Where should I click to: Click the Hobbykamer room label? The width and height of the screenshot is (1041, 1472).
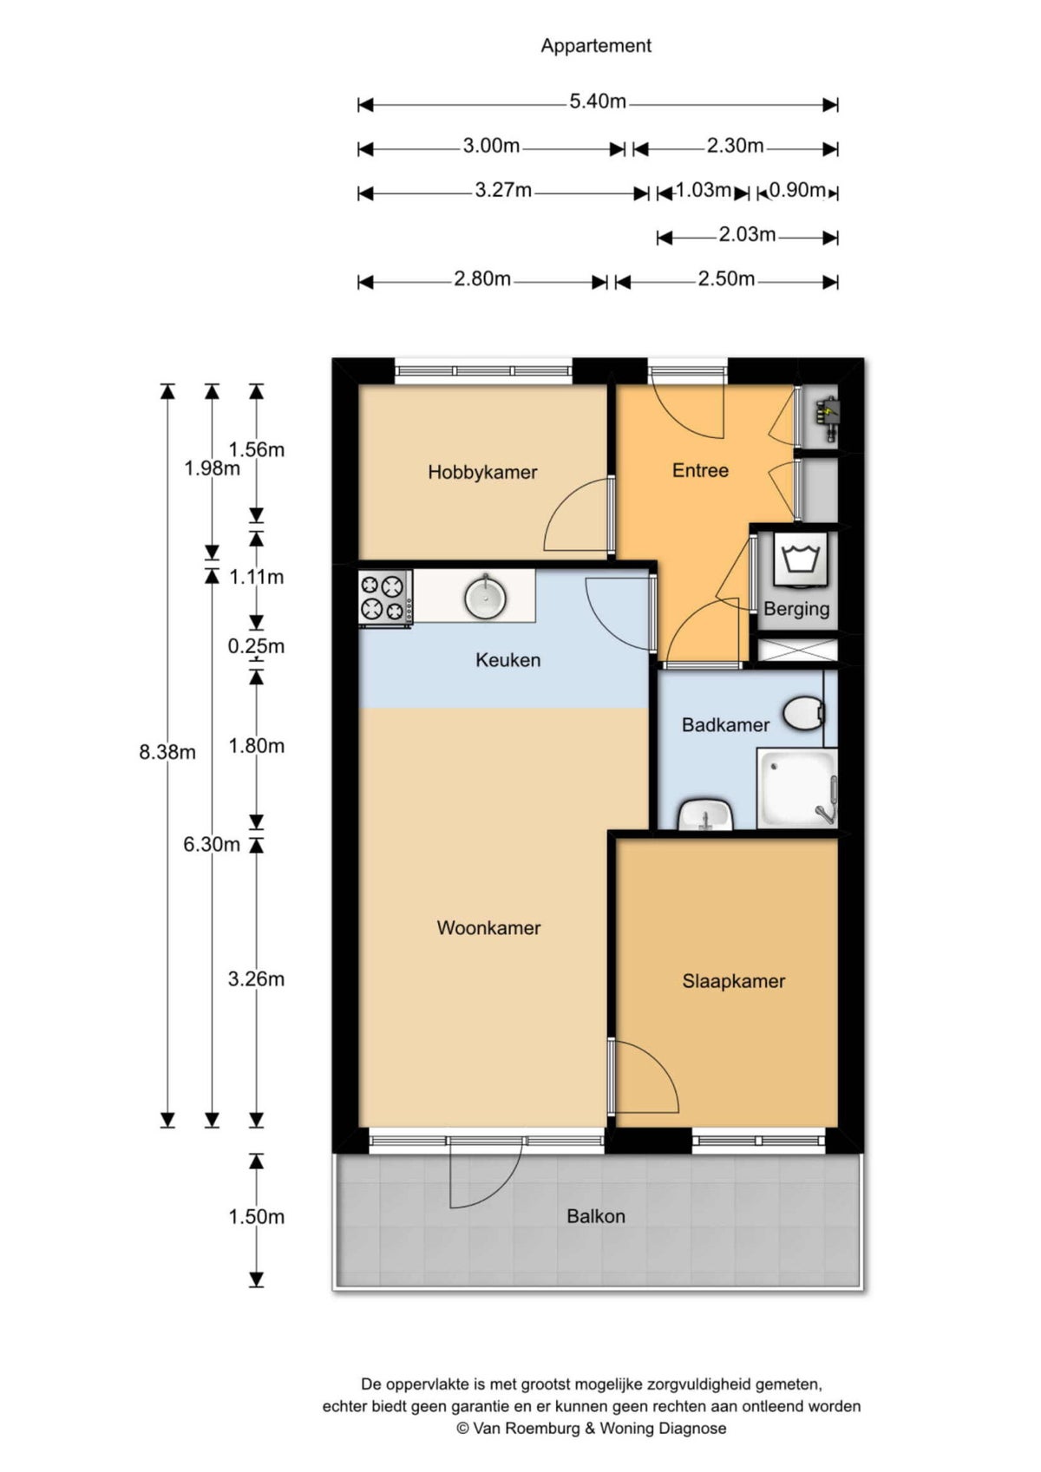click(482, 472)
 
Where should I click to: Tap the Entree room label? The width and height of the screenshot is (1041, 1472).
click(700, 470)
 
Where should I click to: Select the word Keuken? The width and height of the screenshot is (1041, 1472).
click(508, 660)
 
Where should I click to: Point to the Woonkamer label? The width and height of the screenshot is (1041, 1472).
click(488, 928)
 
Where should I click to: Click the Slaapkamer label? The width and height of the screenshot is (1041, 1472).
click(733, 981)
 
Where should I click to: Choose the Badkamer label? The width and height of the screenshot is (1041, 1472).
click(725, 725)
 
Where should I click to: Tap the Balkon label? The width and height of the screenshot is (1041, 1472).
click(596, 1216)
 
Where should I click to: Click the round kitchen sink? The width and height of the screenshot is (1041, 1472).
click(486, 596)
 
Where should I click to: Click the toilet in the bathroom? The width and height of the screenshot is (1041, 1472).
click(804, 714)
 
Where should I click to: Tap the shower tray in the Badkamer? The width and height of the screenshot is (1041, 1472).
click(797, 788)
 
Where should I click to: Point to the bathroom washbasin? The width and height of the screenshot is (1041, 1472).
click(705, 815)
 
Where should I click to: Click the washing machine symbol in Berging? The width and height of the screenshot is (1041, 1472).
click(800, 559)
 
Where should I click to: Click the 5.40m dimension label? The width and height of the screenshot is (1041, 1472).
click(598, 101)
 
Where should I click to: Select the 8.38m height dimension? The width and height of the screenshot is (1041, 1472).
click(167, 752)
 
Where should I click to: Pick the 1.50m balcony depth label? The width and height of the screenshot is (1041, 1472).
click(256, 1217)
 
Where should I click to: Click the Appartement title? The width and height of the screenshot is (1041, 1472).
click(596, 46)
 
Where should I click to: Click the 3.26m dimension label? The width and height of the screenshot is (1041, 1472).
click(256, 979)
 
